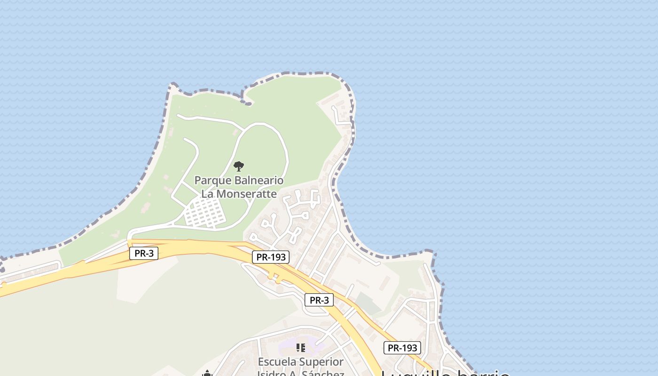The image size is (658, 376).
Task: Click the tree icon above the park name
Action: click(x=239, y=166)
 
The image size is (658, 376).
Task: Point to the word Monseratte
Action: click(x=246, y=193)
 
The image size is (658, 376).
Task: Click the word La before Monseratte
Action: click(x=207, y=193)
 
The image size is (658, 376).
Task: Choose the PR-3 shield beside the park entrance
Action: click(x=144, y=253)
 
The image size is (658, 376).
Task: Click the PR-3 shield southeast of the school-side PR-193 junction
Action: click(x=319, y=300)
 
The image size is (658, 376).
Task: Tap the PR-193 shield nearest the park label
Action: click(x=270, y=257)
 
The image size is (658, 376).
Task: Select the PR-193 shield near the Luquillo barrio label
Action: click(x=402, y=348)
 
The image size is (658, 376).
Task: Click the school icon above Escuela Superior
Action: click(x=300, y=348)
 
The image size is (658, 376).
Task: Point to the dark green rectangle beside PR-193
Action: click(x=368, y=303)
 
